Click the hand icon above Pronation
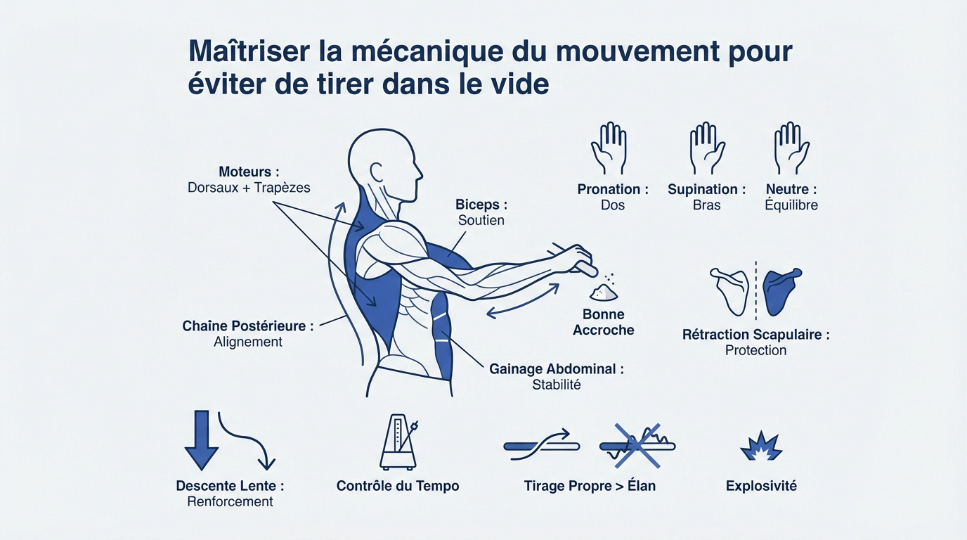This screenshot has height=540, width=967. (x=609, y=148)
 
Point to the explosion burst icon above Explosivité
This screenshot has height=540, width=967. (x=761, y=446)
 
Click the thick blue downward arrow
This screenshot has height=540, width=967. (x=201, y=440)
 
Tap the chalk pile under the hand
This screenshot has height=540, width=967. (x=603, y=291)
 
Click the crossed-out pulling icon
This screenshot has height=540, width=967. (x=637, y=445)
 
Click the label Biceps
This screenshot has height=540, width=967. (x=481, y=205)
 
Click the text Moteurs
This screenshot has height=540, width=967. (x=249, y=172)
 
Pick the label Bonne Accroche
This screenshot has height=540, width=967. (x=603, y=322)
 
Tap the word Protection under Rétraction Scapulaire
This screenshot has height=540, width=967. (x=755, y=350)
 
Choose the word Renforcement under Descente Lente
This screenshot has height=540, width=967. (x=230, y=501)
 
